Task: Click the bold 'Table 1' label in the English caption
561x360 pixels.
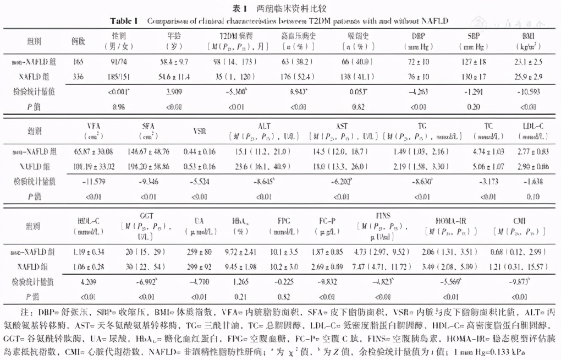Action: tap(124, 21)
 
